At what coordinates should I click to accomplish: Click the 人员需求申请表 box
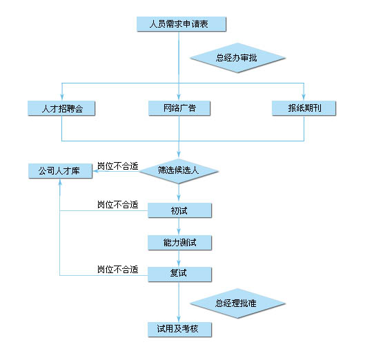[x=181, y=24]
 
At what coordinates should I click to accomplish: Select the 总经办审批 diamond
[x=237, y=58]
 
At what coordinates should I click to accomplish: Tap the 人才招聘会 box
[x=61, y=108]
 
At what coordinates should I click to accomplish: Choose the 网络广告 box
[x=179, y=108]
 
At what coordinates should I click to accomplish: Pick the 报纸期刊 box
[x=304, y=108]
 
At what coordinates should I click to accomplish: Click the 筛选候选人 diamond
[x=179, y=171]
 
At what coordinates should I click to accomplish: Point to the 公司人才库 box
[x=60, y=171]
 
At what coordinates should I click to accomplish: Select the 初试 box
[x=179, y=210]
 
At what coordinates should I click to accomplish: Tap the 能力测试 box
[x=179, y=243]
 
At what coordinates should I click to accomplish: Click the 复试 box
[x=179, y=274]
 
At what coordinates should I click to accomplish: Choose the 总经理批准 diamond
[x=237, y=303]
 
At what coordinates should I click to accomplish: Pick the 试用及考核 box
[x=179, y=330]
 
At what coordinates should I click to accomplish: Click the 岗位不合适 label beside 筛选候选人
[x=118, y=166]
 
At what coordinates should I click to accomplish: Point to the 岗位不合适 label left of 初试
[x=118, y=205]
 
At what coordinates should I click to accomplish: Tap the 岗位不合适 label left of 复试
[x=118, y=270]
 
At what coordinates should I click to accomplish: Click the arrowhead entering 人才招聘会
[x=62, y=97]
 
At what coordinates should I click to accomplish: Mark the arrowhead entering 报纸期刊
[x=304, y=97]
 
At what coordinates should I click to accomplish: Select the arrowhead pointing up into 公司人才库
[x=60, y=182]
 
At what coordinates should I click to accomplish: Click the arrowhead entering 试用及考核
[x=179, y=319]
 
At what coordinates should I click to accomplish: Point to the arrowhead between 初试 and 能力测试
[x=179, y=232]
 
